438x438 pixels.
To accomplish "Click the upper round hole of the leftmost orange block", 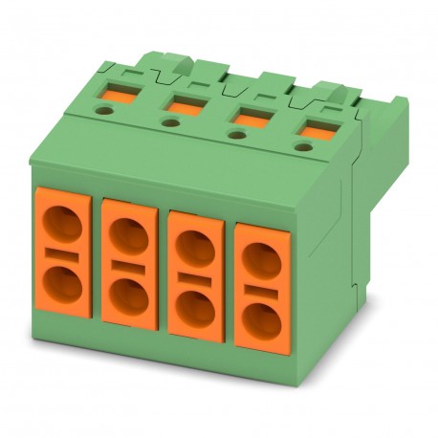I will click(x=63, y=228).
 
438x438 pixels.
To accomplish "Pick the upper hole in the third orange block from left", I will click(x=195, y=247).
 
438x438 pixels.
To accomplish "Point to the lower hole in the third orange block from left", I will click(x=197, y=307).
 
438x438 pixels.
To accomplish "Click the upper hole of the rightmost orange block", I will click(x=260, y=259).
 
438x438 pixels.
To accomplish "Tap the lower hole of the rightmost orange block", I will click(x=261, y=319).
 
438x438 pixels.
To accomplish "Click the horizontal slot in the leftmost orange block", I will click(x=63, y=255).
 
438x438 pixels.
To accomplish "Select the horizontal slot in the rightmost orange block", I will click(x=260, y=289).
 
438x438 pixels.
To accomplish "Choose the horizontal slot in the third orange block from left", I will click(x=195, y=277).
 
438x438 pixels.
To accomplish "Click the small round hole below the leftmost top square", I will click(x=101, y=110).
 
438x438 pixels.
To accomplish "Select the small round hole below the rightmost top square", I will click(x=304, y=146).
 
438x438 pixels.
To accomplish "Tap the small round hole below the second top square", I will click(x=169, y=122).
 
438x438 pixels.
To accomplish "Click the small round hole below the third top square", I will click(x=235, y=134).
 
